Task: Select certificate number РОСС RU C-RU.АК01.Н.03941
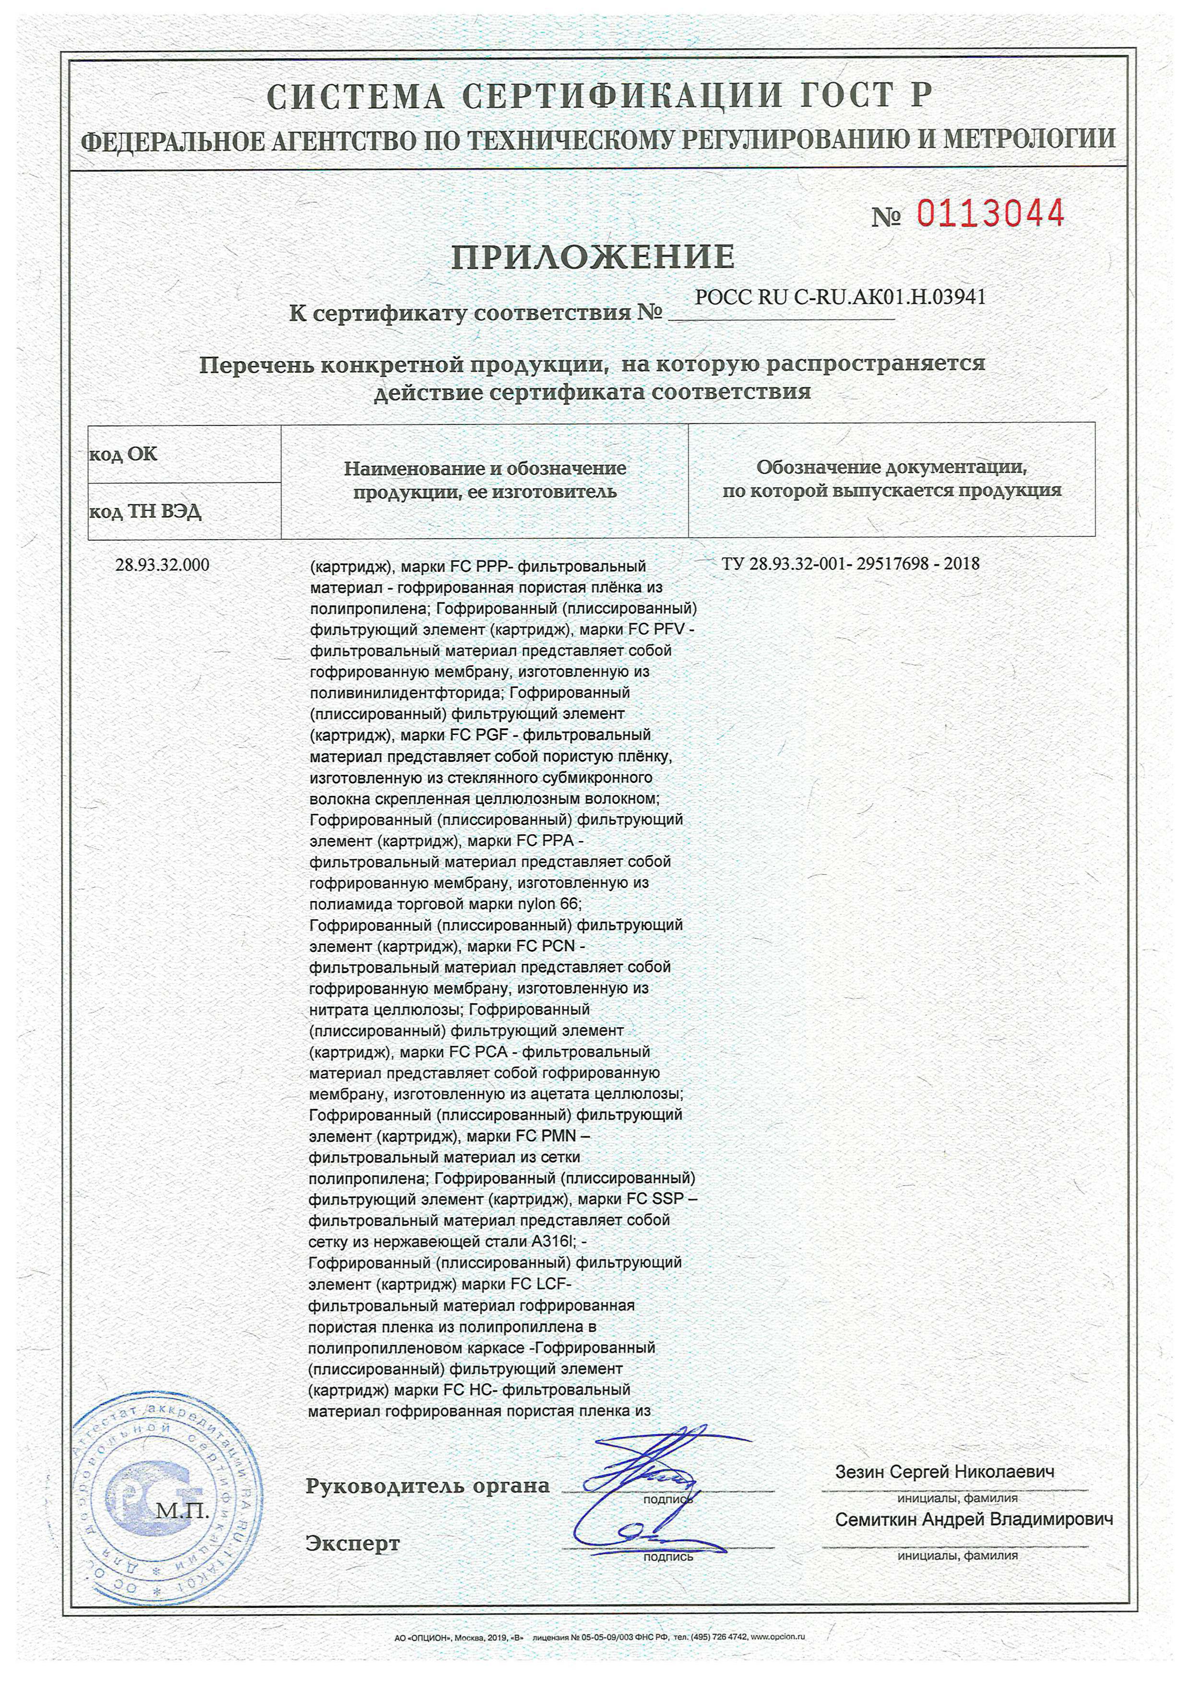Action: tap(840, 297)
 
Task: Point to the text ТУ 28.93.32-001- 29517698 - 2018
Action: tap(851, 564)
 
